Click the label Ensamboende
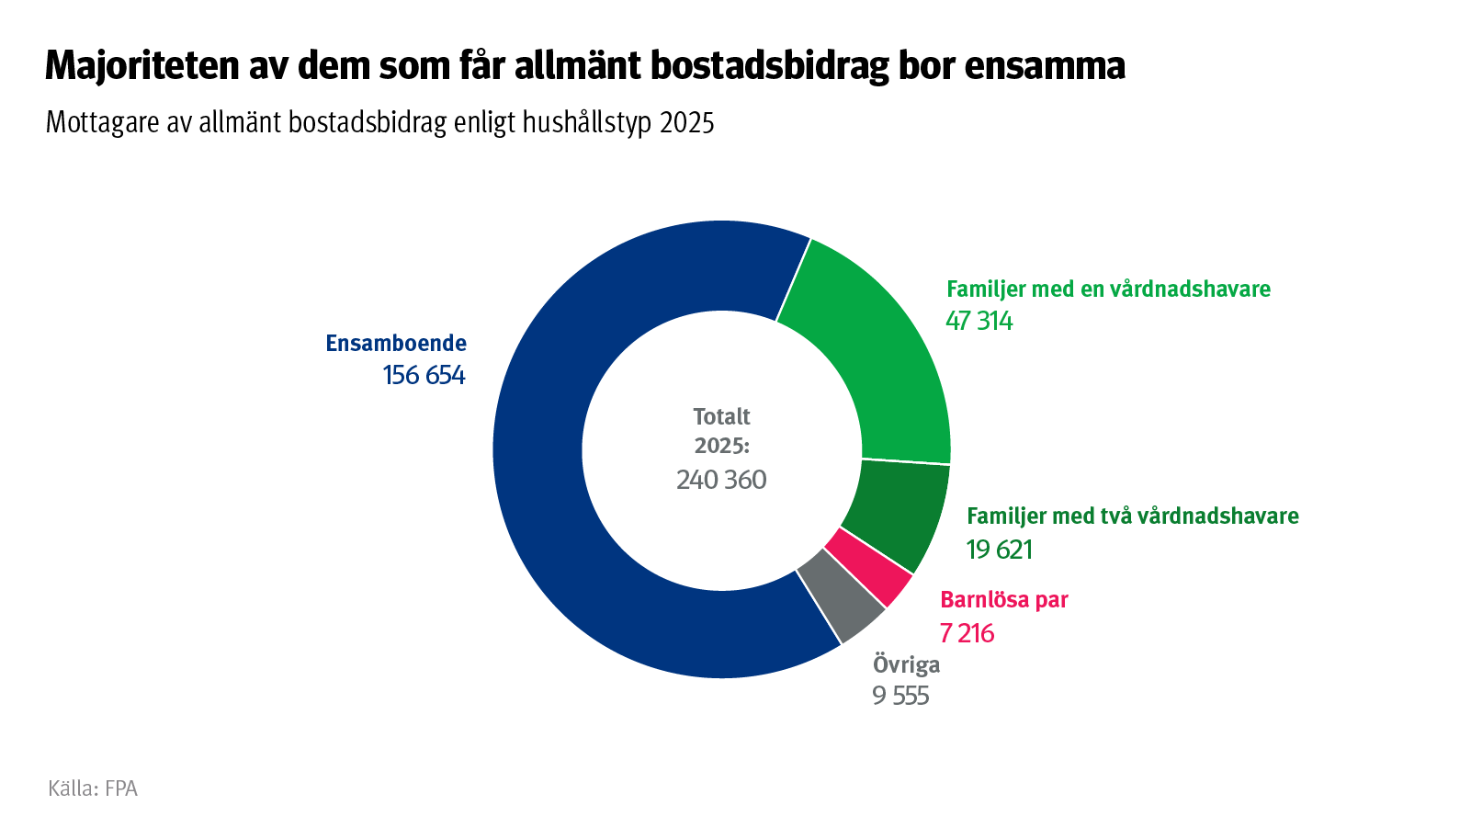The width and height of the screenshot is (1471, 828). [x=396, y=344]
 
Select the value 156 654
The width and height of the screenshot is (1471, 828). [x=424, y=375]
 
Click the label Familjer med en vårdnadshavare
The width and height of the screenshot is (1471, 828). [x=1108, y=289]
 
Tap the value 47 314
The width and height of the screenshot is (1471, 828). [x=979, y=321]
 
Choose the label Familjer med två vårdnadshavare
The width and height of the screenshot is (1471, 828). [x=1132, y=516]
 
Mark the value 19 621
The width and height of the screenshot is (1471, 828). [x=1000, y=550]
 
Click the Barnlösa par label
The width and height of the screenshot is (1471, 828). [x=1004, y=600]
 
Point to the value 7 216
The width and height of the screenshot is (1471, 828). [x=967, y=633]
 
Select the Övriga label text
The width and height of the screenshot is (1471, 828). [x=906, y=664]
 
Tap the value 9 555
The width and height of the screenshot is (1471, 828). [x=901, y=696]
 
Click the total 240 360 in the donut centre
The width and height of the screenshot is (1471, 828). [x=721, y=480]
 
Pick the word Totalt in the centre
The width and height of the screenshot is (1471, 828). [x=721, y=416]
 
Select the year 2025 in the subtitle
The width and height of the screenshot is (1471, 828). [x=686, y=122]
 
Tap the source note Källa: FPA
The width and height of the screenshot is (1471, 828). [x=93, y=788]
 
